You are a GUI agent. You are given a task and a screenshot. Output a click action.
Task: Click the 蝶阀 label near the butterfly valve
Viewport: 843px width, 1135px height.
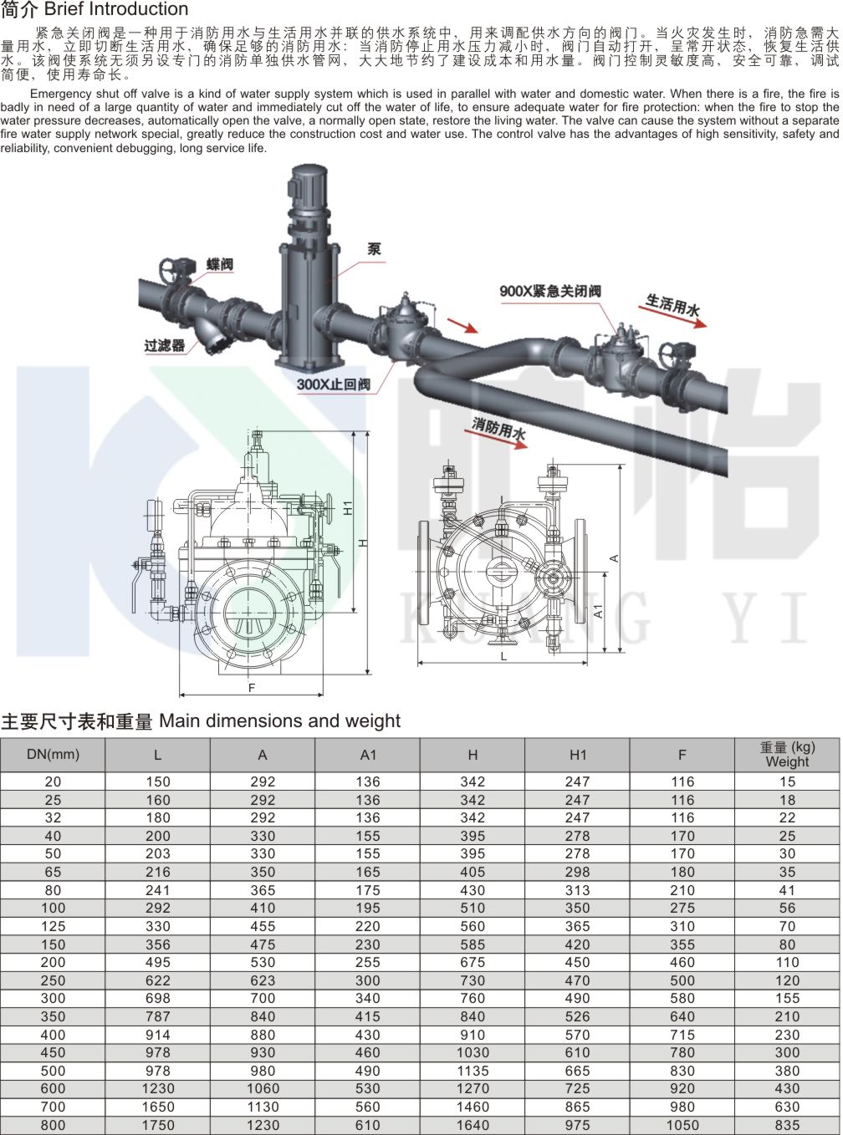click(220, 264)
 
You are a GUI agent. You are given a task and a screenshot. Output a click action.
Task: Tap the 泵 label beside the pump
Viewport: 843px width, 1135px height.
click(375, 249)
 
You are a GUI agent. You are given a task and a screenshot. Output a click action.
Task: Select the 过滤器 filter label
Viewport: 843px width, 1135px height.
click(164, 345)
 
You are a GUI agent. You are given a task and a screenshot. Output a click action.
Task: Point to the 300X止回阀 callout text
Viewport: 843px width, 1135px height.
click(334, 384)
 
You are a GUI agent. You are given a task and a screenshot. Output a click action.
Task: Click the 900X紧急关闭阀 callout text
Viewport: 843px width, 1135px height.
click(550, 291)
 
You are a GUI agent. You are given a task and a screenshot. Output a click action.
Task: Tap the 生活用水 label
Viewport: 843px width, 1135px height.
click(672, 304)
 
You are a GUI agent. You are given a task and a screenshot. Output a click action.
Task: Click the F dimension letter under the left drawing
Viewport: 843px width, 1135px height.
click(252, 688)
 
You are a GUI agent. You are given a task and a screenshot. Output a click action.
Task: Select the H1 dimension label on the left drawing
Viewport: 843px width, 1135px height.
click(348, 507)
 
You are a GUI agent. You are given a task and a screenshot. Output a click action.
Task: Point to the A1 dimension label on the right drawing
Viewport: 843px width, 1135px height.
click(598, 611)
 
